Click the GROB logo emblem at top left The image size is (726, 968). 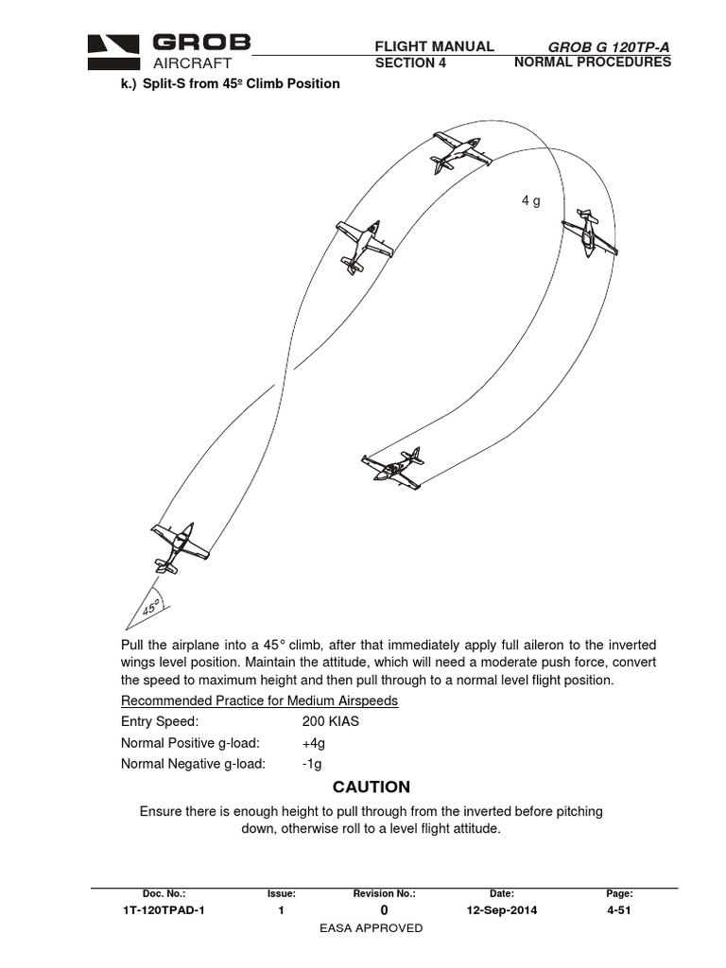click(115, 52)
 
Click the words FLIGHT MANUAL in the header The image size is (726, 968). click(435, 46)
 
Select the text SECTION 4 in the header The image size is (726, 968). click(409, 63)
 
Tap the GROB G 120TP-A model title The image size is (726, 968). click(601, 47)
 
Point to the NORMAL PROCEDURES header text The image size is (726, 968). click(592, 62)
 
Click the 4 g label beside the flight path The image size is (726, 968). click(530, 201)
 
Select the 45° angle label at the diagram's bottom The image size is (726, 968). click(149, 606)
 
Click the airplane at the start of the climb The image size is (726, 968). click(179, 548)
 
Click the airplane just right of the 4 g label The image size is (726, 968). click(590, 233)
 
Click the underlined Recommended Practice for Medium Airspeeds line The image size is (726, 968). click(259, 700)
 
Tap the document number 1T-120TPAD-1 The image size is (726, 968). click(164, 910)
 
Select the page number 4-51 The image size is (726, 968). click(619, 910)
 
